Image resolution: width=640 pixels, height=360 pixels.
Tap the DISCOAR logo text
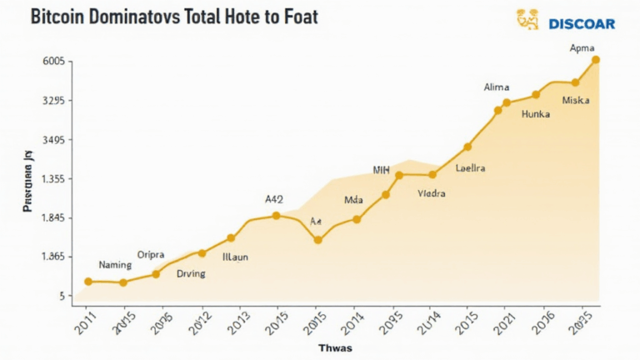[x=582, y=23]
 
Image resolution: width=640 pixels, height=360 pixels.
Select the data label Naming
[x=115, y=265]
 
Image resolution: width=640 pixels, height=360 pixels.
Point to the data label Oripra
[x=151, y=253]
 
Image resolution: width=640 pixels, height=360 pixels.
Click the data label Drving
[x=191, y=273]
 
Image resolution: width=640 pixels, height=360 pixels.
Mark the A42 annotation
[x=274, y=199]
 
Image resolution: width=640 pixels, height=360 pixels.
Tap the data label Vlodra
[x=432, y=193]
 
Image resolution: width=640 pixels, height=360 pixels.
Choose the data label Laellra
[x=471, y=168]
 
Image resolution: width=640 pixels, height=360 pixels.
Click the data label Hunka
[x=536, y=114]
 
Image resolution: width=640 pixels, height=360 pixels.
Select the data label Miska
[x=576, y=100]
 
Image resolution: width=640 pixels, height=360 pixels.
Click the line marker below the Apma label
[x=596, y=60]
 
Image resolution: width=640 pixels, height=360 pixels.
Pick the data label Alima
[x=497, y=87]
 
